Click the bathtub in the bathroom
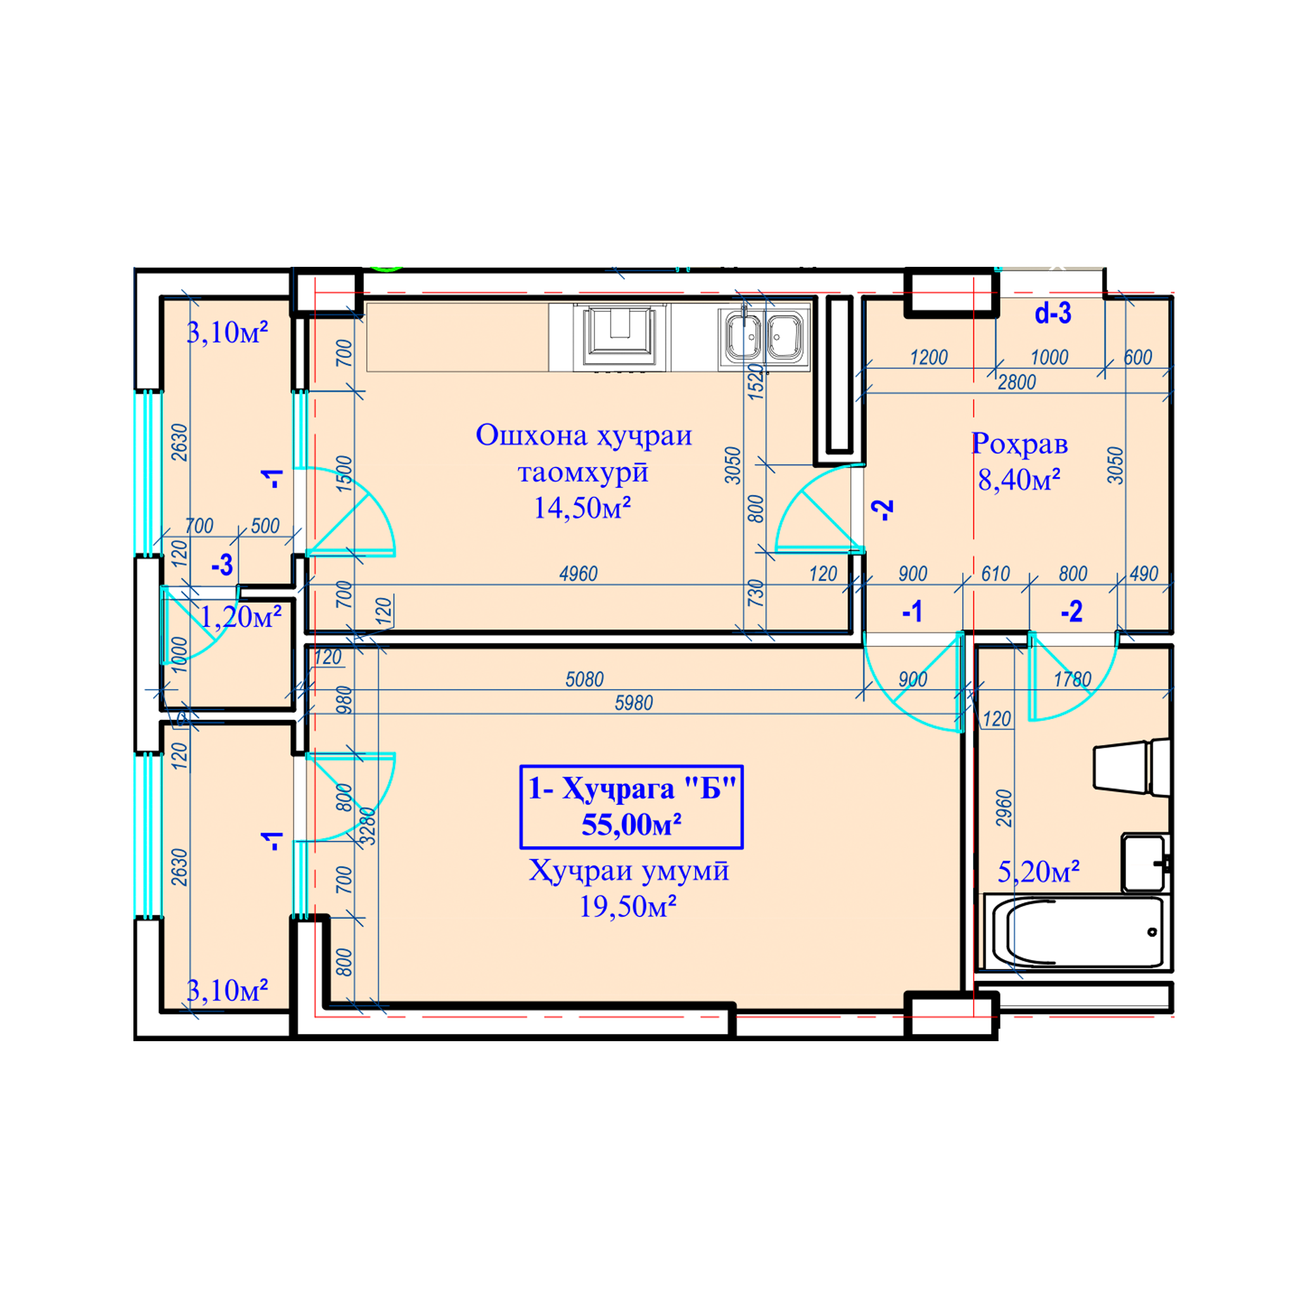1077,932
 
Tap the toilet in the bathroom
1131,766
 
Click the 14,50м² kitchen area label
581,508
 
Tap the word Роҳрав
1020,444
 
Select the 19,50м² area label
628,906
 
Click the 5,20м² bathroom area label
1039,871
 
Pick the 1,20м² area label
240,616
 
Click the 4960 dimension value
578,574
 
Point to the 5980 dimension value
634,703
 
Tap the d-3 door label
1053,313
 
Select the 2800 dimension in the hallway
1017,383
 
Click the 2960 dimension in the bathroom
1004,808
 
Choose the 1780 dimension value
1073,679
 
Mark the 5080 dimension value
584,679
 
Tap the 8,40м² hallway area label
1019,479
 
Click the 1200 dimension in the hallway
929,358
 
